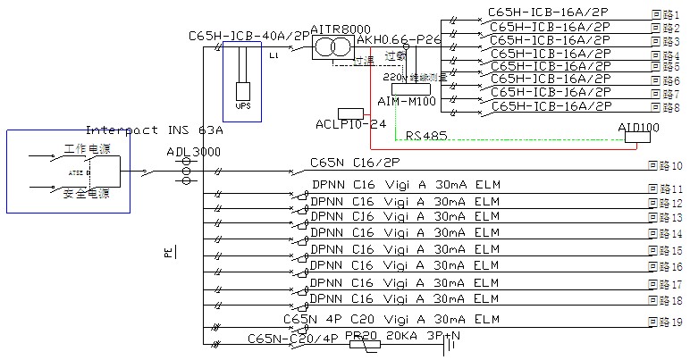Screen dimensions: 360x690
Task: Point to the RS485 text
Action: pos(426,136)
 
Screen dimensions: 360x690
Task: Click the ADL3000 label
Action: pos(193,152)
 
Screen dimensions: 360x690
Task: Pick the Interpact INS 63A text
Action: pos(154,130)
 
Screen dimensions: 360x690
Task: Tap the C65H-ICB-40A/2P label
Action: pos(249,36)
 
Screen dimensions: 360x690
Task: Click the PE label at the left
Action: pos(167,253)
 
